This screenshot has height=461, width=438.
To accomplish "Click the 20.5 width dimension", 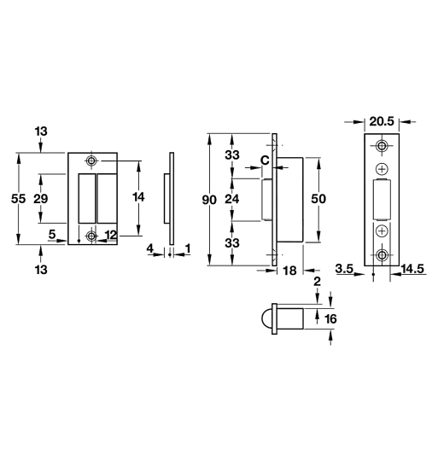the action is [382, 121].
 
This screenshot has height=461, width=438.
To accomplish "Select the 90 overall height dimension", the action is [209, 200].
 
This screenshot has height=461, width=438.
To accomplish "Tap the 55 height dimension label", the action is [18, 199].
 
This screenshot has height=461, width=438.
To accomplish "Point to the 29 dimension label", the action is [41, 199].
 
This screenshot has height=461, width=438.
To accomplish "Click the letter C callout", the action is [265, 160].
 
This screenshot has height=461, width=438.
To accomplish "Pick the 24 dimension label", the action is [232, 199].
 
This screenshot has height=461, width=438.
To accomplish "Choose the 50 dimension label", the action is [318, 199].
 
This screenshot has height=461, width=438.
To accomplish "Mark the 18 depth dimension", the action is [289, 271].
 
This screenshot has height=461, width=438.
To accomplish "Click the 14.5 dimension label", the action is [412, 269].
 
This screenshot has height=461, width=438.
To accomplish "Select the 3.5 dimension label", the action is [344, 268].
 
